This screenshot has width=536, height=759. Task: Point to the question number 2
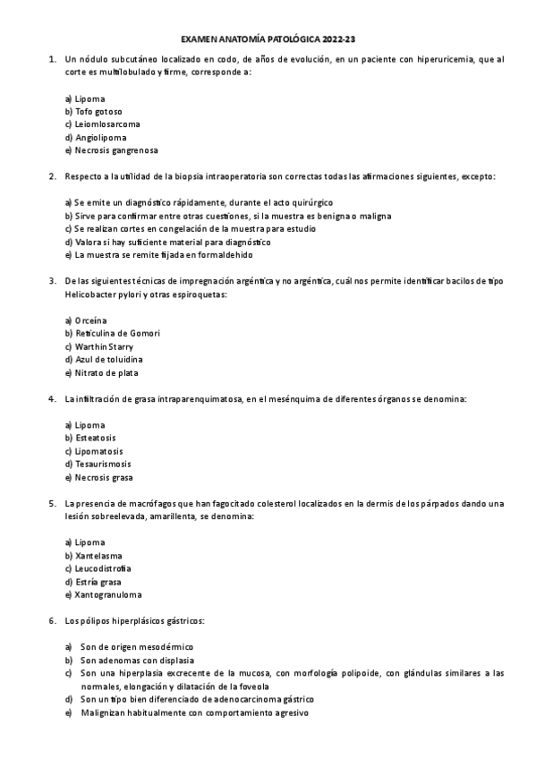[x=52, y=177]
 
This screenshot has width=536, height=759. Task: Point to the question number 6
[x=52, y=620]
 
